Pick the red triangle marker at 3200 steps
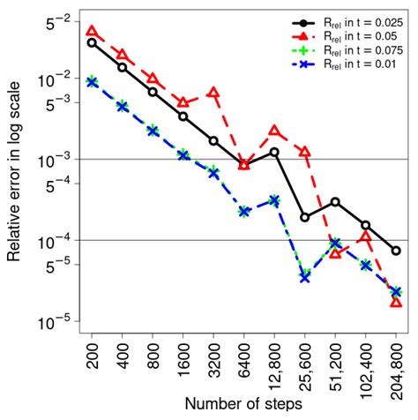click(213, 93)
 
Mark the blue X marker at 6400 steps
click(244, 212)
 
